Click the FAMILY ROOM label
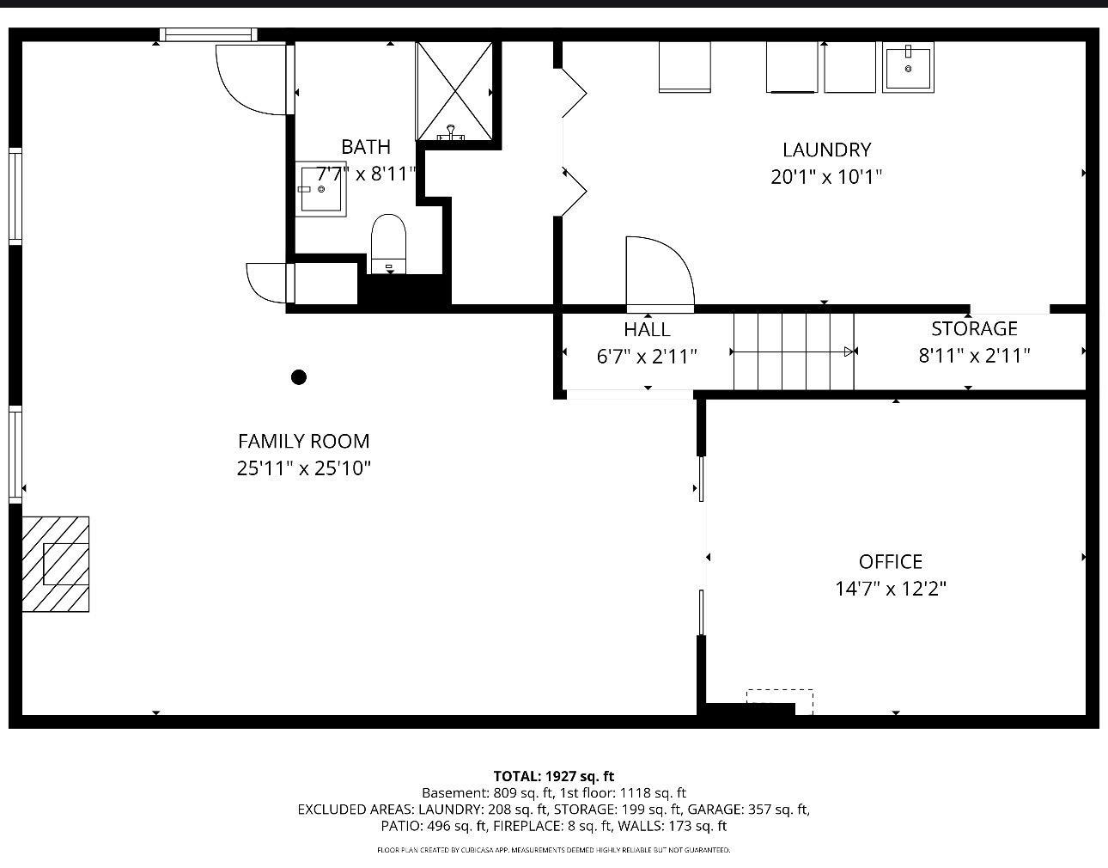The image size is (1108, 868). click(303, 441)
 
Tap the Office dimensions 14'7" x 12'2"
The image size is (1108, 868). click(891, 589)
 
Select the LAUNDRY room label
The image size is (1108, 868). click(826, 150)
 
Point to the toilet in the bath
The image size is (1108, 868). click(388, 244)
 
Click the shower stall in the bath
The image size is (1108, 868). click(454, 91)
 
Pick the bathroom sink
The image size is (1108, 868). click(320, 189)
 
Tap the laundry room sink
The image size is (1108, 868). click(908, 67)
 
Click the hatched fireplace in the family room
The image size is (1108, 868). click(56, 564)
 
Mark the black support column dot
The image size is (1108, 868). click(299, 377)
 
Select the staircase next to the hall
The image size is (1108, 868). click(794, 351)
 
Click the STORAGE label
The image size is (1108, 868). click(974, 329)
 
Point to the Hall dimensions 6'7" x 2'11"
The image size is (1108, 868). click(647, 357)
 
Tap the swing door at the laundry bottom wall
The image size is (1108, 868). click(660, 274)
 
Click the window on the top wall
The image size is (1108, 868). click(208, 34)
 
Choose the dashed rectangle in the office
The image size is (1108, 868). click(780, 702)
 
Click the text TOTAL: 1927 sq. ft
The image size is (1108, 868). click(554, 776)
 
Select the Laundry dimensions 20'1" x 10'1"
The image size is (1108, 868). click(826, 177)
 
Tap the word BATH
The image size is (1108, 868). click(366, 147)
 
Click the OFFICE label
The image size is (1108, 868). click(891, 562)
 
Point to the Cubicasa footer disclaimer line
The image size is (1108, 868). click(554, 850)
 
